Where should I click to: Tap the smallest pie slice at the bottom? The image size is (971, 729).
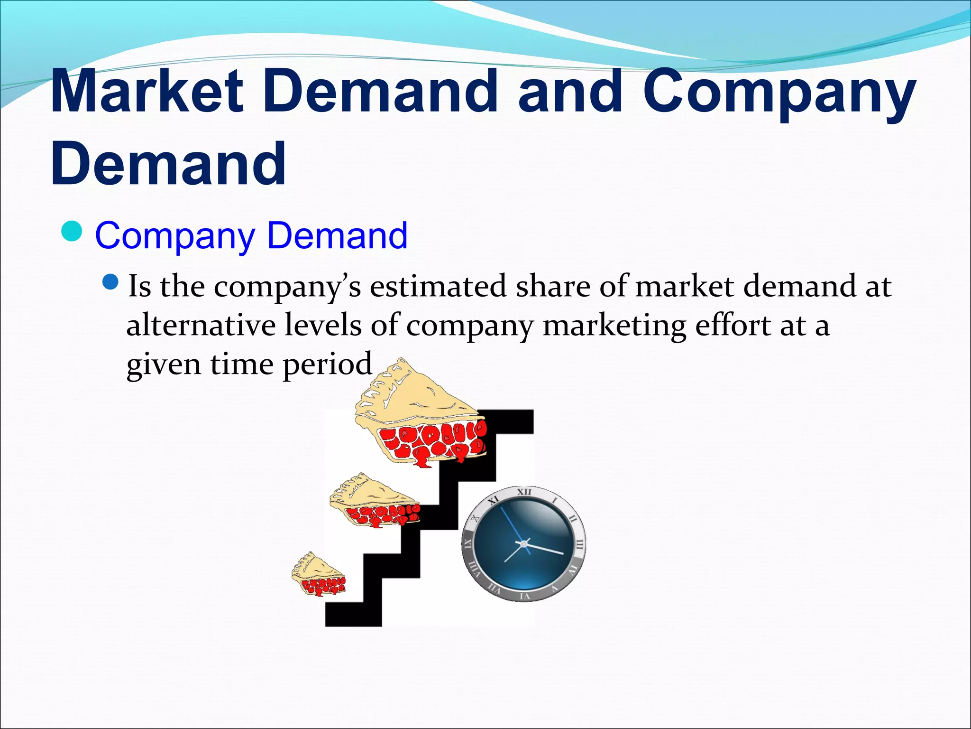(x=318, y=576)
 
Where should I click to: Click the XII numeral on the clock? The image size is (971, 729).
(x=524, y=492)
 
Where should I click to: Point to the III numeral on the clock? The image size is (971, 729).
(x=580, y=544)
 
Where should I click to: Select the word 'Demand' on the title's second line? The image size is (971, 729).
(x=168, y=164)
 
